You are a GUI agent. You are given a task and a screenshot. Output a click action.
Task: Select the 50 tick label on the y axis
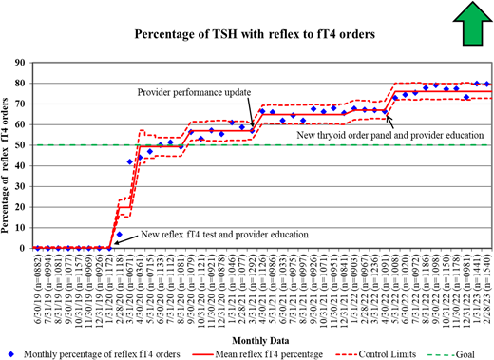click(x=22, y=145)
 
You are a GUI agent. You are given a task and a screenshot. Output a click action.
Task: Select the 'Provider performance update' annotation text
click(x=193, y=93)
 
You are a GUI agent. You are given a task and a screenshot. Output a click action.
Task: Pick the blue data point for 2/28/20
click(x=120, y=234)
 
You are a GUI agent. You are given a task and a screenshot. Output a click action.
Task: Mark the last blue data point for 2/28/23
click(x=487, y=84)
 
